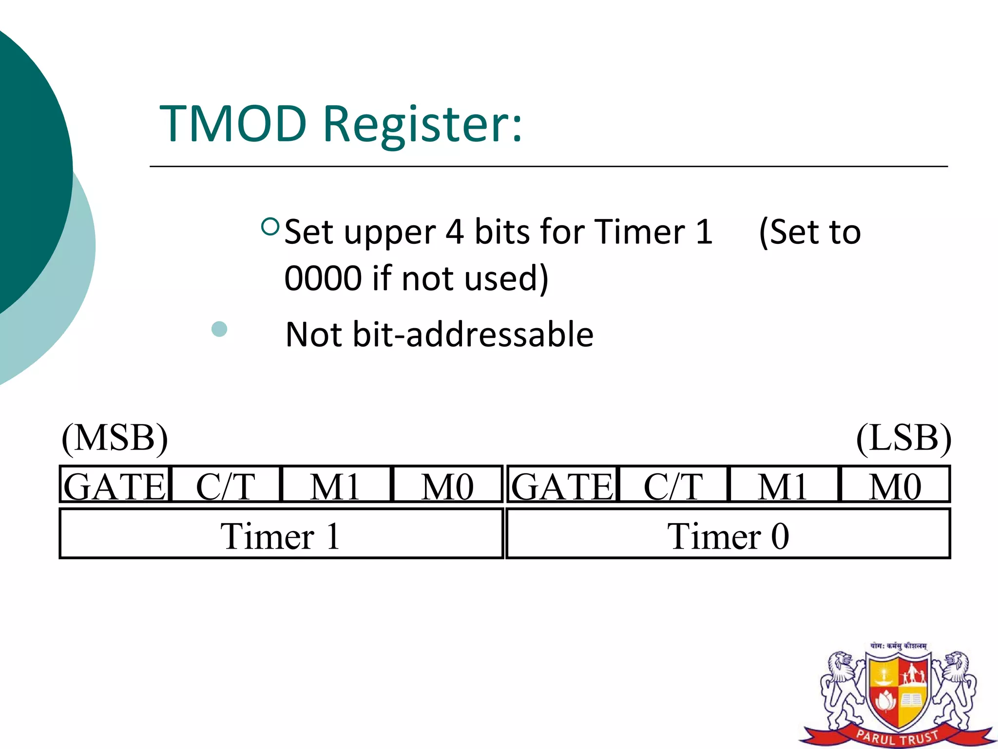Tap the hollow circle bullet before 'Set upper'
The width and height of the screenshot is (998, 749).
point(270,227)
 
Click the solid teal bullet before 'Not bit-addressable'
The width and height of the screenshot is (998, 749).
point(219,329)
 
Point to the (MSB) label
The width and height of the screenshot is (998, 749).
point(115,438)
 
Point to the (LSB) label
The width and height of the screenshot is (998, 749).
point(903,438)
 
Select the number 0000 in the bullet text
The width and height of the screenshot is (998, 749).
point(323,278)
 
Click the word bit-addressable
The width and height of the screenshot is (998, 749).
point(473,335)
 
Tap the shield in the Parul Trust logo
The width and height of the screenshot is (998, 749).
point(898,692)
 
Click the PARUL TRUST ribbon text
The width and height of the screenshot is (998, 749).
point(898,736)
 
